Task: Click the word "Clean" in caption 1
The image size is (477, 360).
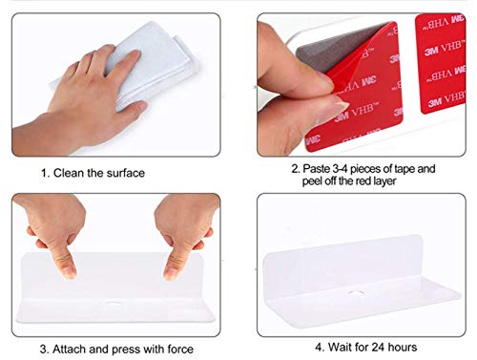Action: [x=69, y=173]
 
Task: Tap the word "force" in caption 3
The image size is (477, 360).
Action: [x=180, y=349]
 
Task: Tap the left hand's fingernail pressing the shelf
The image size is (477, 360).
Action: [x=69, y=272]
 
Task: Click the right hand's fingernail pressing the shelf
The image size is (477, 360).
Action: [x=170, y=273]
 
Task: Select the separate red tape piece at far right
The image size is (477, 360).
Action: [x=441, y=64]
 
